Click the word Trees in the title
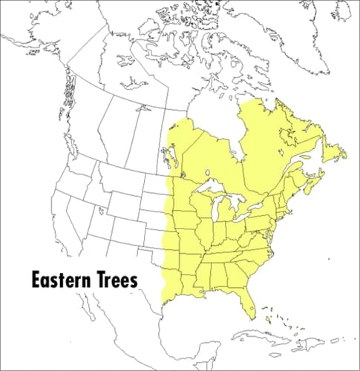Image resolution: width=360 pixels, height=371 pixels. (x=120, y=281)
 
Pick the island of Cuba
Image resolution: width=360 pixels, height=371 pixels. (x=271, y=332)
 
